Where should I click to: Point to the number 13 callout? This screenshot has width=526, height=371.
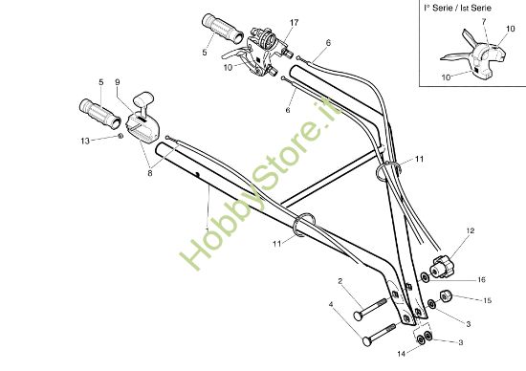[85, 141]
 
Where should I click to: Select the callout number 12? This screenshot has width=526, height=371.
[470, 231]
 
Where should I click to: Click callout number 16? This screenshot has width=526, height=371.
[481, 279]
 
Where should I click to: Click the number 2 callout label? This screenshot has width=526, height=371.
[340, 280]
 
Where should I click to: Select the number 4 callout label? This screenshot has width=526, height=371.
[332, 306]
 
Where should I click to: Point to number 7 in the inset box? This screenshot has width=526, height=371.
[484, 20]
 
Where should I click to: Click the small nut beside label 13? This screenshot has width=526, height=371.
[120, 137]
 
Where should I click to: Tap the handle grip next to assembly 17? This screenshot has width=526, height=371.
[218, 29]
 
